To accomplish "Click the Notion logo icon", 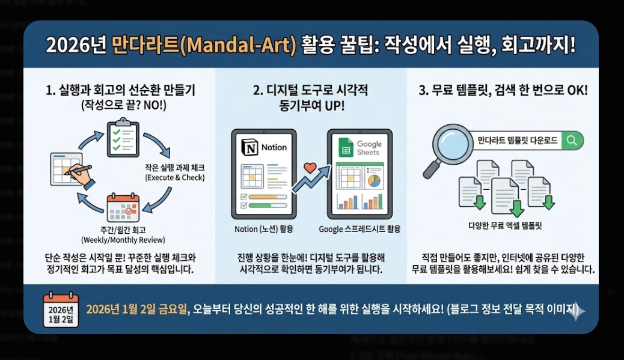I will [x=249, y=147].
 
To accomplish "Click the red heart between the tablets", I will [x=310, y=168].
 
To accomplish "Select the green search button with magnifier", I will [x=573, y=141].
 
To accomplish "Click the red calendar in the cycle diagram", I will [x=123, y=208].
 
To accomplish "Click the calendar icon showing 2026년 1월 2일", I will [x=61, y=310].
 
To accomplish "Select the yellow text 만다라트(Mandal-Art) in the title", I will [x=204, y=46].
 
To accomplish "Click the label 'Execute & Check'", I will [x=175, y=178].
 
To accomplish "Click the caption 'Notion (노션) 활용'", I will [x=264, y=229].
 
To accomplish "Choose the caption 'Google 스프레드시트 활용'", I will [x=359, y=229].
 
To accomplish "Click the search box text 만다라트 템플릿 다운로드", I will [x=517, y=141].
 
